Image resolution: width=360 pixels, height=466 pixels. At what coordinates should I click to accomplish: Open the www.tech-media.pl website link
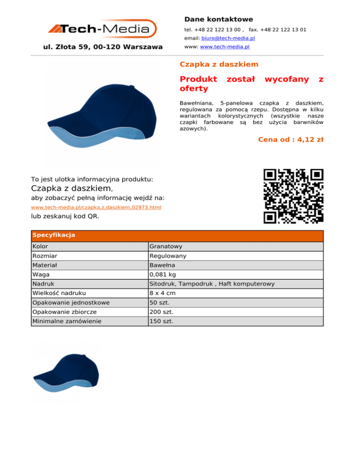tap(225, 47)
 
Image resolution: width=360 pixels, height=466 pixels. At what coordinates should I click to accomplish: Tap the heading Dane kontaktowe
tap(218, 19)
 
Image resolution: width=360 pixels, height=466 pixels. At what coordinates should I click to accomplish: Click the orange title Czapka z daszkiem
tap(219, 64)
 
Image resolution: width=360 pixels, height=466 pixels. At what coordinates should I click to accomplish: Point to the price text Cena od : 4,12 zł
tap(291, 139)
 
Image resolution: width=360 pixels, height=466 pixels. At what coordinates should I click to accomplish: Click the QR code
tap(293, 195)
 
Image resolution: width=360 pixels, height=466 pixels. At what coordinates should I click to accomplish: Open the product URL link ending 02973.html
tap(96, 207)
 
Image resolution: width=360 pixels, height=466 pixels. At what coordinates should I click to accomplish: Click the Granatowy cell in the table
tap(165, 246)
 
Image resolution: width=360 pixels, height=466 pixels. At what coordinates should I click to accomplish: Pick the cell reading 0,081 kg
tap(163, 274)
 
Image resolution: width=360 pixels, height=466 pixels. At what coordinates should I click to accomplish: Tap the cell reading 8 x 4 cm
tap(163, 293)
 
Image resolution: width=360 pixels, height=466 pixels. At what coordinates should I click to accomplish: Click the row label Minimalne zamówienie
tap(67, 321)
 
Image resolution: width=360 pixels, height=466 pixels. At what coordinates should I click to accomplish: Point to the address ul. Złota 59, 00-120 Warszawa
tap(103, 47)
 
